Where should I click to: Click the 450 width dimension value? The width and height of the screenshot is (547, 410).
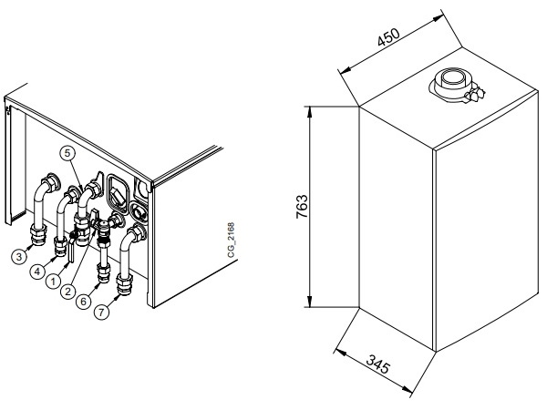click(x=388, y=36)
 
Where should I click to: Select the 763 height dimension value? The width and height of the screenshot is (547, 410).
click(x=302, y=207)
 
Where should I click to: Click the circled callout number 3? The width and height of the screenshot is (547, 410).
click(x=19, y=257)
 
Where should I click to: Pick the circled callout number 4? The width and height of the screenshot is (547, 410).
click(x=37, y=271)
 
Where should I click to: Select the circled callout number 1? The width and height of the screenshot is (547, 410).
click(x=54, y=281)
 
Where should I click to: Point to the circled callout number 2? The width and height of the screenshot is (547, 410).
click(x=67, y=291)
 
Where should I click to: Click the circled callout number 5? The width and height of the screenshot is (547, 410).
click(x=67, y=153)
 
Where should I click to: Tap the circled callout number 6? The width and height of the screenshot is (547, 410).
click(x=83, y=301)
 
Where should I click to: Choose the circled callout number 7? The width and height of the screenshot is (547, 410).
click(x=101, y=312)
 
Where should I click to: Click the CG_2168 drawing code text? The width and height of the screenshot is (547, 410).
click(x=231, y=240)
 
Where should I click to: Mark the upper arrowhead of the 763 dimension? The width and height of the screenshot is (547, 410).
click(x=309, y=112)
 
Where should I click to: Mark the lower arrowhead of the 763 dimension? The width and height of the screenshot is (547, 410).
click(x=309, y=302)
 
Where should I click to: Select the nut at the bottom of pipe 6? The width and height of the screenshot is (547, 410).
click(x=104, y=272)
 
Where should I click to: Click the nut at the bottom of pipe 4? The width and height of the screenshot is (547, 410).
click(x=60, y=246)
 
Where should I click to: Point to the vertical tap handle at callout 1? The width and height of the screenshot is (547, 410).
click(x=71, y=251)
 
